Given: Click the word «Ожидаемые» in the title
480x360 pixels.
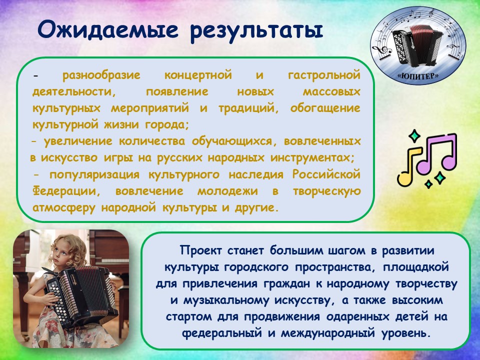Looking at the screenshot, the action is [108, 30].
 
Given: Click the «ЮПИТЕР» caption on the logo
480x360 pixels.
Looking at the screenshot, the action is [418, 75].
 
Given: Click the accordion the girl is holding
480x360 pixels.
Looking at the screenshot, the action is [80, 295].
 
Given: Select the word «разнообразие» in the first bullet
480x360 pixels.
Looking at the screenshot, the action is [101, 75].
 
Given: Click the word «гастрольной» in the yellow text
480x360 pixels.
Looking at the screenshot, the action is [324, 75].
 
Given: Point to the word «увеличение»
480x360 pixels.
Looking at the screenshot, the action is [78, 141].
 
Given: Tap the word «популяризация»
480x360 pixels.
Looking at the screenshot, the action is [94, 175].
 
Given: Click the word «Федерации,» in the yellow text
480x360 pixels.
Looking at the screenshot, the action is [66, 191].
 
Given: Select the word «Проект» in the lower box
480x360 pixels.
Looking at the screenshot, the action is [200, 250].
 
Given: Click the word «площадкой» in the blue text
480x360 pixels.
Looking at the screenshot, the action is [415, 267].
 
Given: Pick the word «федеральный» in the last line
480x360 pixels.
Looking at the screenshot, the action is [222, 333].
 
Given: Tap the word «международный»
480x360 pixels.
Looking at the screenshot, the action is [328, 333].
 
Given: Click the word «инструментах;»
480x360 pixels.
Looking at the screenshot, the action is [312, 158].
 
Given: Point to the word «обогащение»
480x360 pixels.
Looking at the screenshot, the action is [325, 108].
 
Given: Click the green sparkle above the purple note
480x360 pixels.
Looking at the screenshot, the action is [414, 136].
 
